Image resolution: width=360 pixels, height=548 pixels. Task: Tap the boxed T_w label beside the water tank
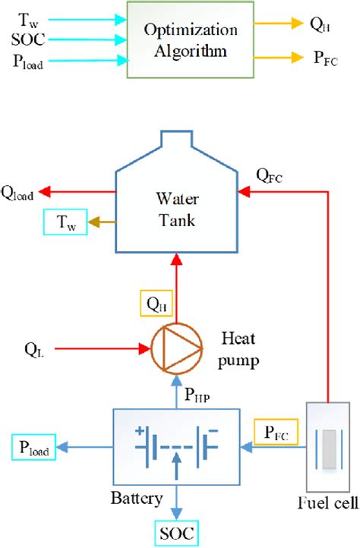point(65,222)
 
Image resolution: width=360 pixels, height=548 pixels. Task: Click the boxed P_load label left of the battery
point(31,450)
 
